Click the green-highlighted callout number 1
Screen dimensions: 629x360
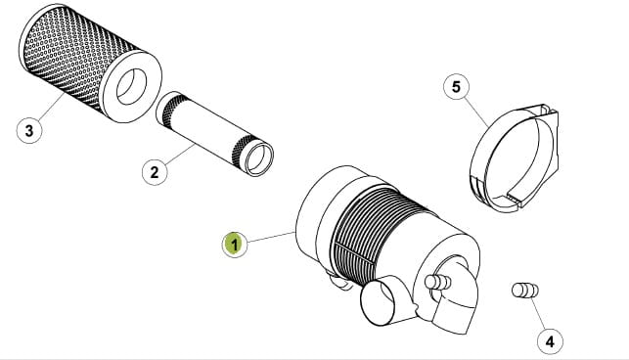coord(235,244)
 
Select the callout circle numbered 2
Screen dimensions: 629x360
coord(155,172)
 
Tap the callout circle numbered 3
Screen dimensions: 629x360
coord(29,130)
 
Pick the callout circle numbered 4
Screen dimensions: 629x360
coord(550,341)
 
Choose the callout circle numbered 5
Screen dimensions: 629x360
coord(456,87)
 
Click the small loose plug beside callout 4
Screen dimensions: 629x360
coord(525,291)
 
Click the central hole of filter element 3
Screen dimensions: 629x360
coord(132,87)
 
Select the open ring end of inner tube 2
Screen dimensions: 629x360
coord(259,157)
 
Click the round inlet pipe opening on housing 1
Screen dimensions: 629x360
coord(377,303)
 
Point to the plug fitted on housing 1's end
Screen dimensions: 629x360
coord(438,282)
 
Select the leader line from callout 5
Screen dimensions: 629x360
coord(478,112)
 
